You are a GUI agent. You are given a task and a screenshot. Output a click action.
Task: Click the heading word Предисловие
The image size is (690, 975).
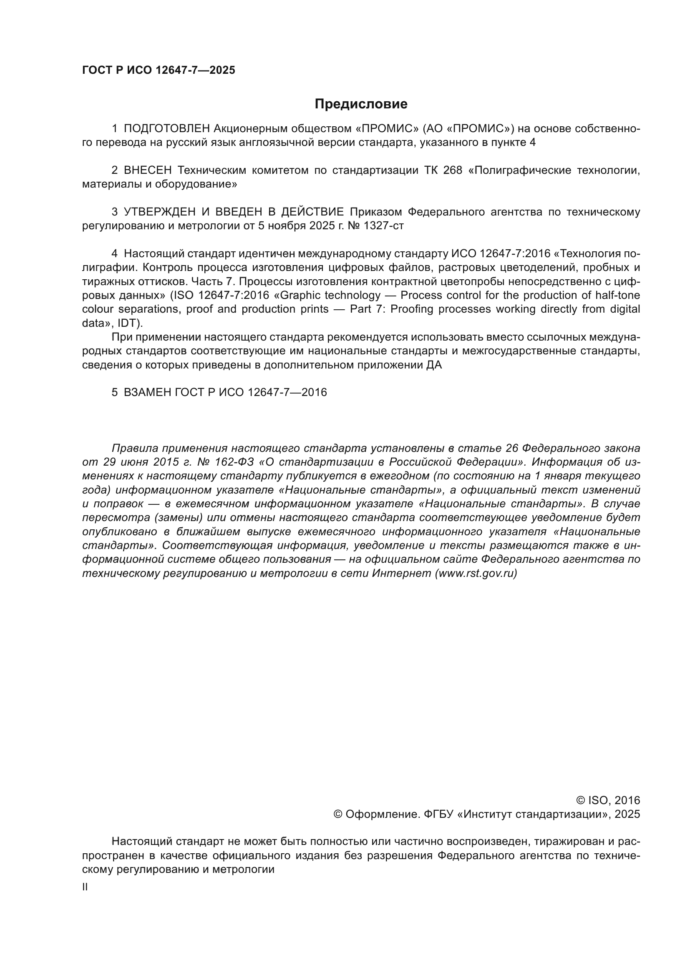pyautogui.click(x=361, y=104)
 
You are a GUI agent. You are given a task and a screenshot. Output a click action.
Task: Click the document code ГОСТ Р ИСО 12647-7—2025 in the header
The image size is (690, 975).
pyautogui.click(x=159, y=70)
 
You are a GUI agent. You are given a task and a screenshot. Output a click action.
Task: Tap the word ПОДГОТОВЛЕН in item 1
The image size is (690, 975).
pyautogui.click(x=167, y=128)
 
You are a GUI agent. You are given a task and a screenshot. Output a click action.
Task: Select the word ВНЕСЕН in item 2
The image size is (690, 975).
pyautogui.click(x=148, y=170)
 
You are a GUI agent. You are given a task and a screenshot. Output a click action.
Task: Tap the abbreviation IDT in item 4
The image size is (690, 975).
pyautogui.click(x=127, y=323)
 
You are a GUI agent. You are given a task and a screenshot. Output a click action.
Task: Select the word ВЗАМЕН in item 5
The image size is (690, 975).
pyautogui.click(x=147, y=392)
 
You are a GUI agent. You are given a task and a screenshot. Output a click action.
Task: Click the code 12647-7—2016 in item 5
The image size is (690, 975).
pyautogui.click(x=287, y=392)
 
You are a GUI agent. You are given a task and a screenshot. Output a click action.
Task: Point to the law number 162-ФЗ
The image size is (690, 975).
pyautogui.click(x=234, y=462)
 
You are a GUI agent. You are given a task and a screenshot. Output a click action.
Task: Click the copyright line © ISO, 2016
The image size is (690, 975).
pyautogui.click(x=608, y=800)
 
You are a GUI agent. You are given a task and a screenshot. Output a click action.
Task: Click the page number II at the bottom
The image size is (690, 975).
pyautogui.click(x=85, y=887)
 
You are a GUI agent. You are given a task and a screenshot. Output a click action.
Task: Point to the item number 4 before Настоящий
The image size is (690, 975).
pyautogui.click(x=114, y=254)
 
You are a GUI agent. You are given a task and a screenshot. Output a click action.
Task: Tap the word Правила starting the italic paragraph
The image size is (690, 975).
pyautogui.click(x=135, y=449)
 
